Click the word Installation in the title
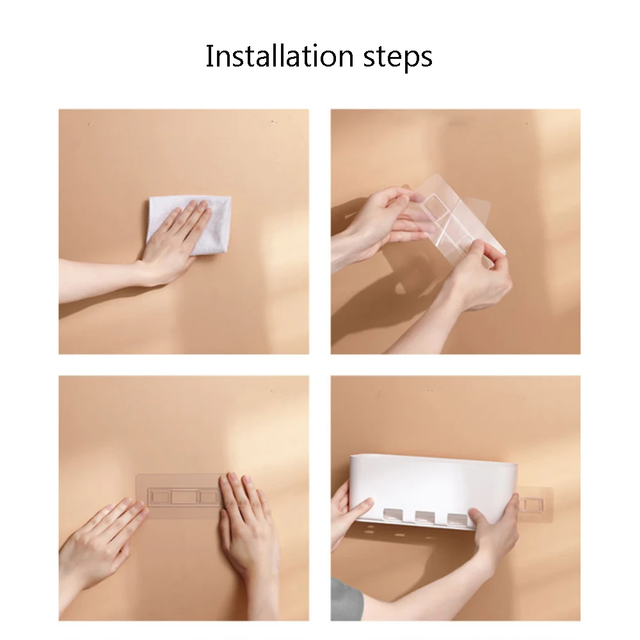tap(280, 56)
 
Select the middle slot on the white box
tap(424, 517)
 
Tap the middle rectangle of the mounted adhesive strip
tap(184, 497)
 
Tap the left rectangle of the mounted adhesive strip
tap(159, 497)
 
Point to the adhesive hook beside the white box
tap(534, 505)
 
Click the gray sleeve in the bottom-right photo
tap(345, 600)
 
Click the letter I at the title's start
tap(209, 56)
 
